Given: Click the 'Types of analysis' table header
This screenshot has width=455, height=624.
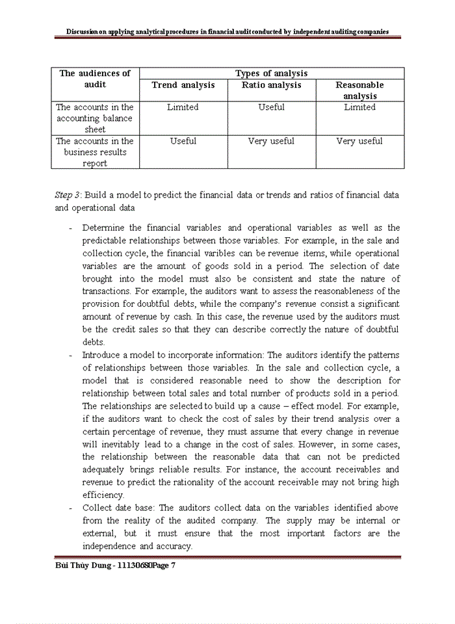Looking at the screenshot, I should pyautogui.click(x=271, y=73).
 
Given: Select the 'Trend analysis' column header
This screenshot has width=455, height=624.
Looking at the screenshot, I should pyautogui.click(x=183, y=85).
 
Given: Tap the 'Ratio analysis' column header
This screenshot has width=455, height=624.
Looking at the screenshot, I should pyautogui.click(x=271, y=85).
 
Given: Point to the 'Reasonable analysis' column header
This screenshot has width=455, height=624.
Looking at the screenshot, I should pyautogui.click(x=359, y=90).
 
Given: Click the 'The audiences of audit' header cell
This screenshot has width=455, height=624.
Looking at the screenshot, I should pyautogui.click(x=95, y=79).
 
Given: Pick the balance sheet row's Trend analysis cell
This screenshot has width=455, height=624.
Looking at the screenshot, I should pyautogui.click(x=183, y=107).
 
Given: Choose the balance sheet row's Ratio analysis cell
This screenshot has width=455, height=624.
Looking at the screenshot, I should pyautogui.click(x=271, y=107).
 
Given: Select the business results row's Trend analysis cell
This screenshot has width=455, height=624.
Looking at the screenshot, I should pyautogui.click(x=183, y=141).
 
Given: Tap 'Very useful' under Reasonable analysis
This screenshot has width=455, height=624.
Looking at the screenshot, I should pyautogui.click(x=359, y=141).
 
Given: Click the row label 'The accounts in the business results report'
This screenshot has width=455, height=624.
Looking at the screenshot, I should pyautogui.click(x=95, y=152).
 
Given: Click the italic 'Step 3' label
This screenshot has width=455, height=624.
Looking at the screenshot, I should pyautogui.click(x=68, y=195).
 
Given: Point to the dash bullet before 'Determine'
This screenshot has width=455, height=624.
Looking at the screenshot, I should pyautogui.click(x=70, y=228).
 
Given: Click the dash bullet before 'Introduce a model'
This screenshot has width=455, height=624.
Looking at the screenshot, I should pyautogui.click(x=70, y=356).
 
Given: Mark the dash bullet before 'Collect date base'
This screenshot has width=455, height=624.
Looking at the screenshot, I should pyautogui.click(x=70, y=508).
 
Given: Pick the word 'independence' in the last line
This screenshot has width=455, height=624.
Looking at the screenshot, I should pyautogui.click(x=108, y=546).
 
